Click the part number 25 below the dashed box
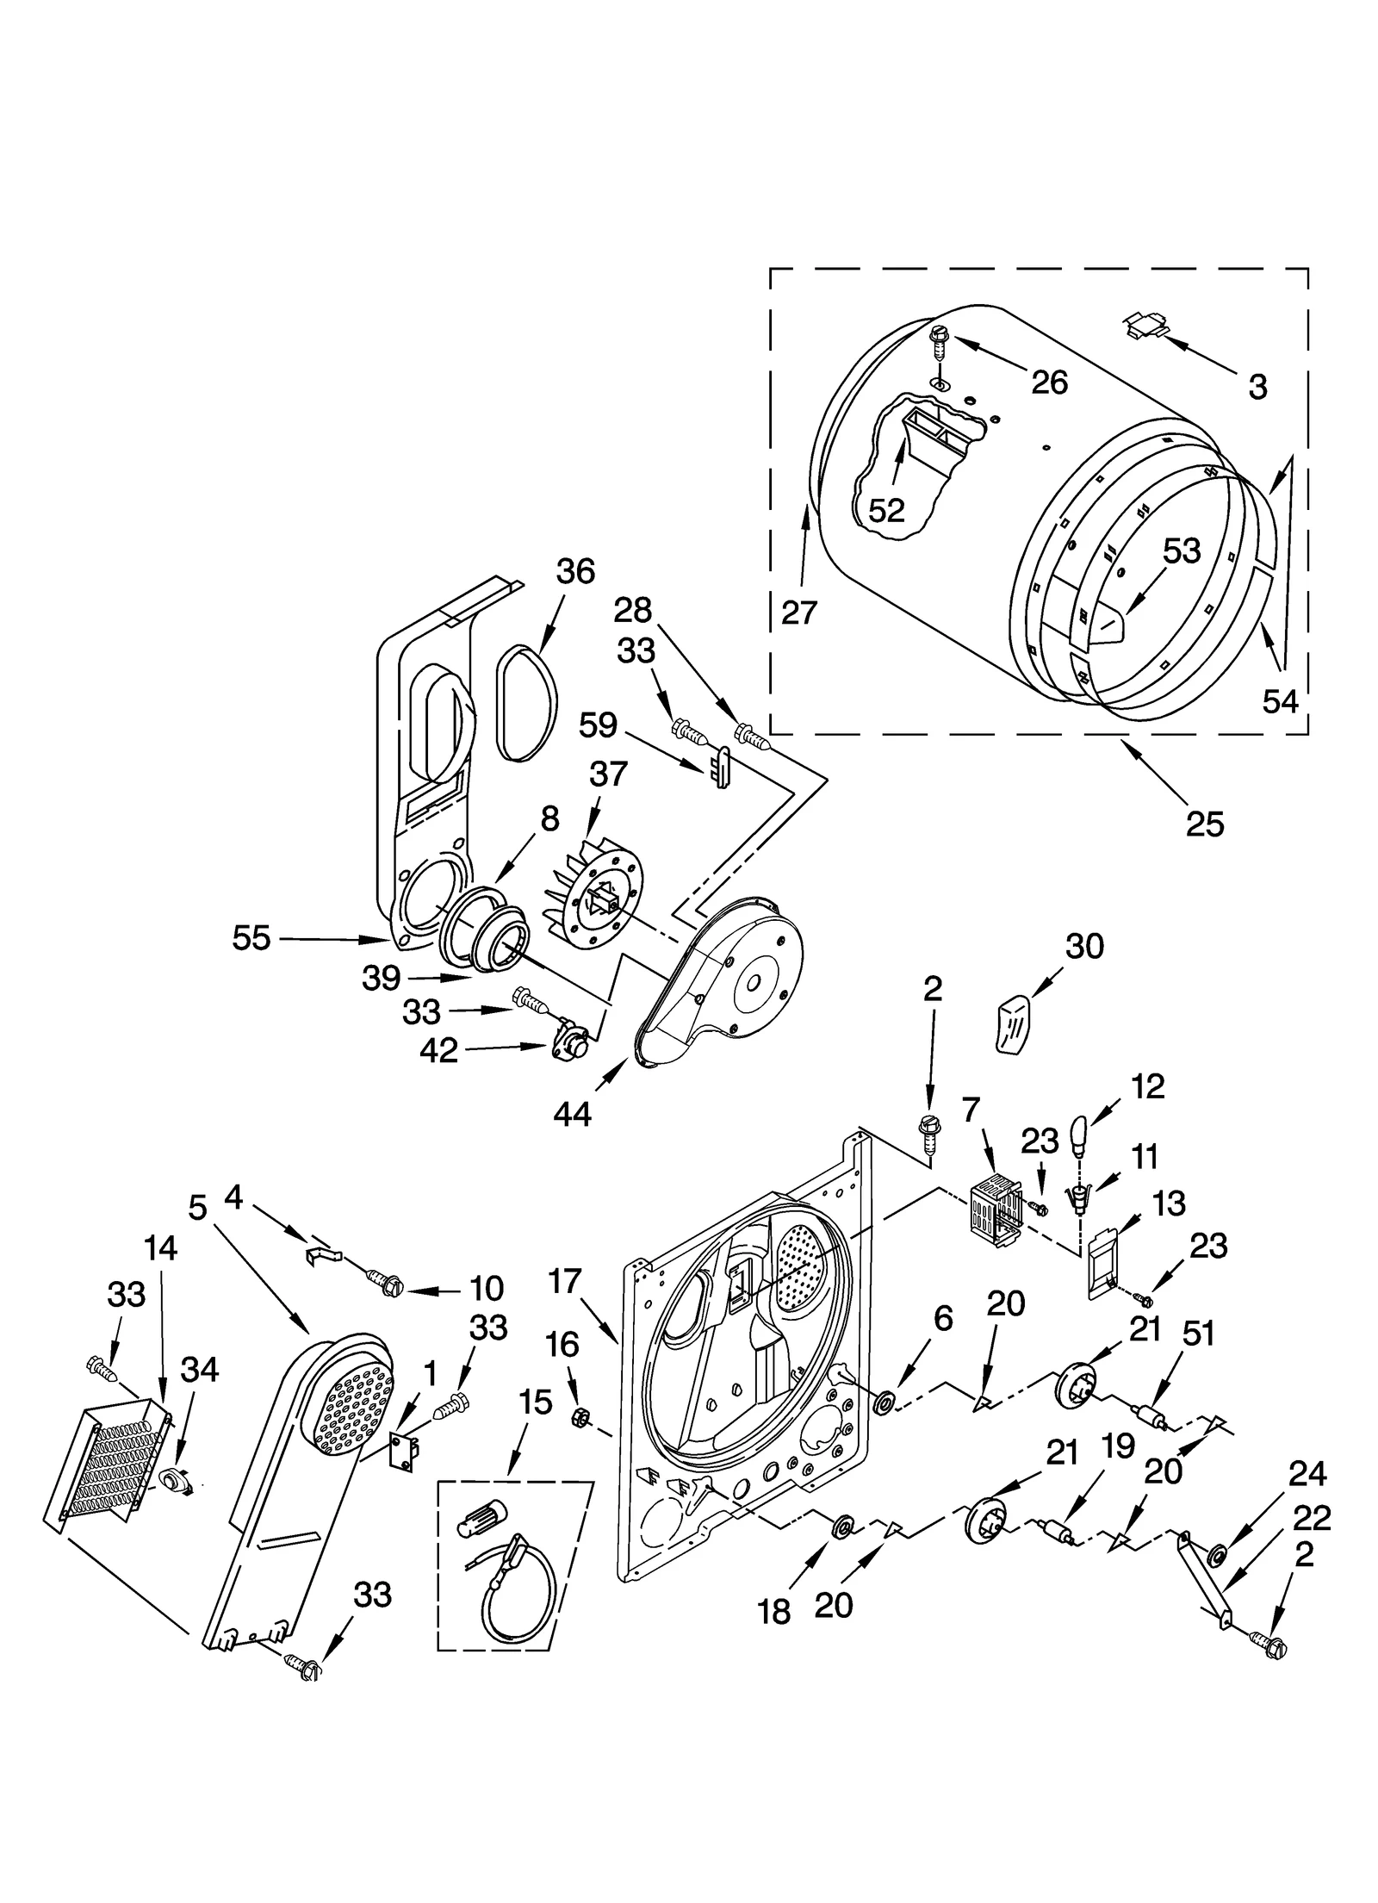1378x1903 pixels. pyautogui.click(x=1203, y=824)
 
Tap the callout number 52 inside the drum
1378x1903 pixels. pyautogui.click(x=886, y=510)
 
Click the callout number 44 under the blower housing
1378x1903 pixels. pyautogui.click(x=572, y=1114)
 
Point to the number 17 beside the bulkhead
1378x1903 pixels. pyautogui.click(x=565, y=1282)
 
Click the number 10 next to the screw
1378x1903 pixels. pyautogui.click(x=486, y=1288)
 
